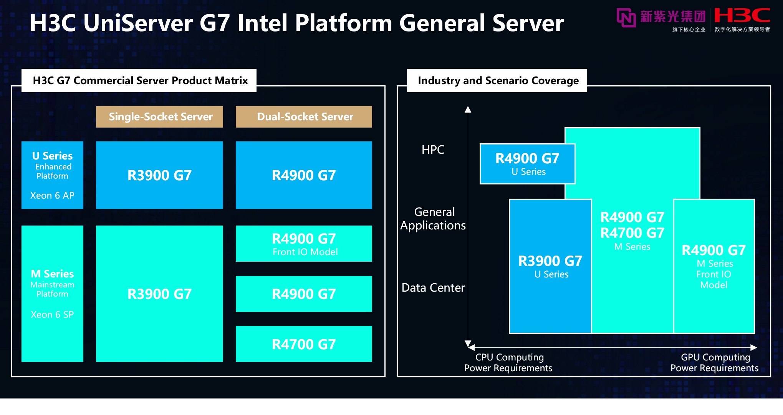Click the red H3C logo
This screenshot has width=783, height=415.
742,16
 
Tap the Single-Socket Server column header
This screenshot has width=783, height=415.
159,117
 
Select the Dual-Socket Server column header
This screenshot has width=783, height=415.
304,117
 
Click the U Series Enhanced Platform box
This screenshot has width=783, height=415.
52,175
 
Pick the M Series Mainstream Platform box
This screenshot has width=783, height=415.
52,294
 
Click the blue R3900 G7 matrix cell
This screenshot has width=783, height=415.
159,175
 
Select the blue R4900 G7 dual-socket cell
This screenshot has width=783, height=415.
304,175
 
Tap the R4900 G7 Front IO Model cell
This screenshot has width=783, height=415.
304,244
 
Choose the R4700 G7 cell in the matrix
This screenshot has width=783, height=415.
304,344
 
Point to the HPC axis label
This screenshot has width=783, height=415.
433,149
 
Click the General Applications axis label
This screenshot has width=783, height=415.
433,219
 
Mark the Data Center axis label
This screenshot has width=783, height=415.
433,287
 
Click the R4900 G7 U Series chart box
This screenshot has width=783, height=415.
527,164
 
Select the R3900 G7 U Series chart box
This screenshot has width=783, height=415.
550,266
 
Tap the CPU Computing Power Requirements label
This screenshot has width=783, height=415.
508,362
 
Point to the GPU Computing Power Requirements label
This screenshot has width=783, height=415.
714,362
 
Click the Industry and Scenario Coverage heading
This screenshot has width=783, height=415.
498,81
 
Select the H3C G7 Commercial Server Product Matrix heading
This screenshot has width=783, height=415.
140,81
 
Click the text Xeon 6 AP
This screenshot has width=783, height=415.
52,195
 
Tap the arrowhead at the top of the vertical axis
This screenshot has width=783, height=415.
468,110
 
